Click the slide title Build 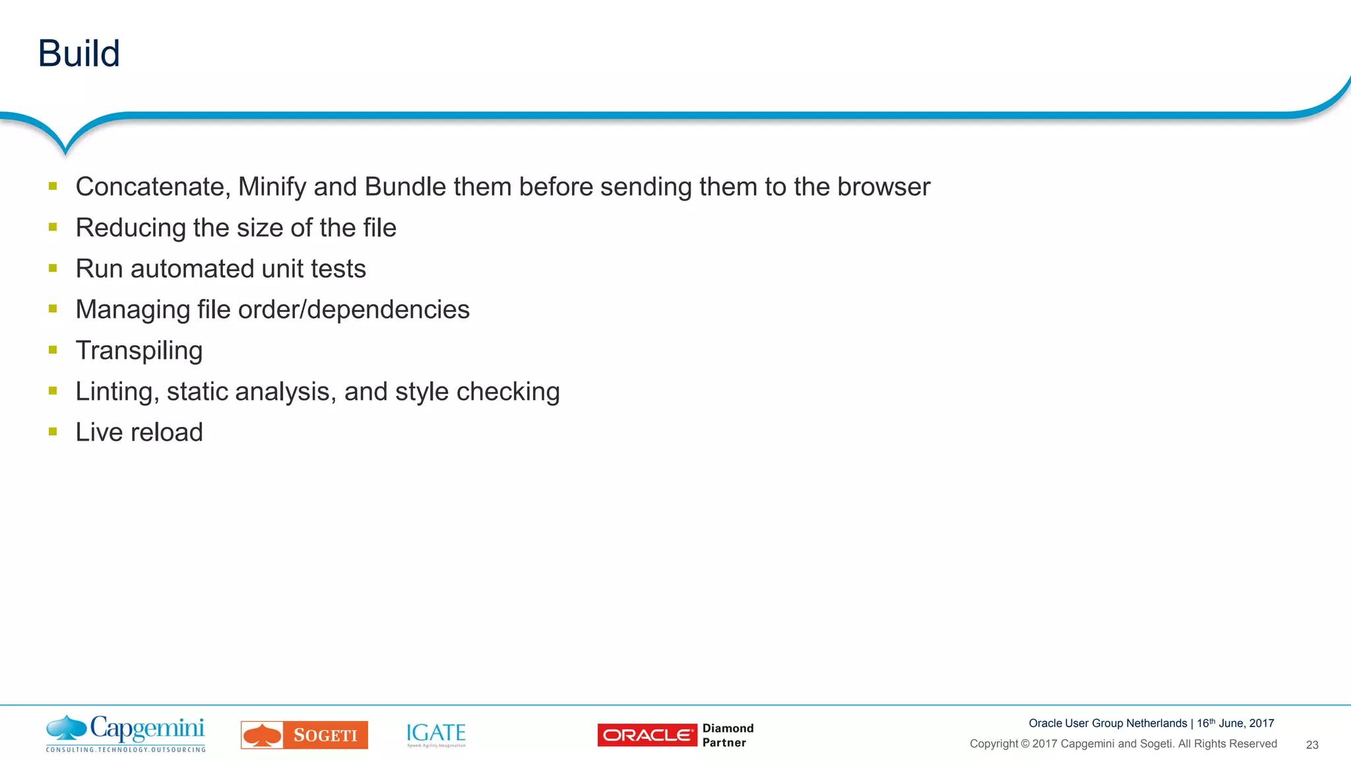coord(79,53)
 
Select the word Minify coord(272,187)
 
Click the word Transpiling coord(139,351)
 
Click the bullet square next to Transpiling coord(53,350)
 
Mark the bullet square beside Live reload coord(53,432)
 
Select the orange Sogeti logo coord(304,735)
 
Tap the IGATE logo coord(436,734)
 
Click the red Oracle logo coord(646,735)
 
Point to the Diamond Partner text coord(728,735)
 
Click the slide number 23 coord(1312,745)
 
